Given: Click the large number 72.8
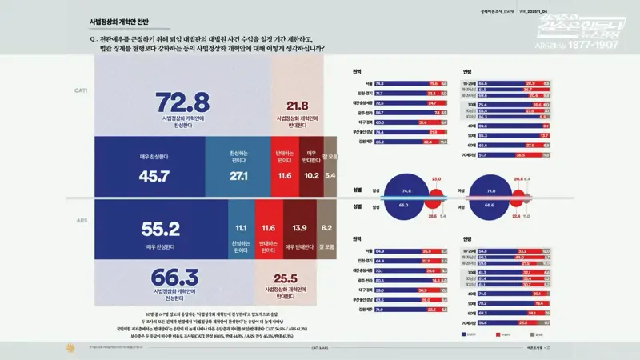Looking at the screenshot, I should click(x=182, y=102).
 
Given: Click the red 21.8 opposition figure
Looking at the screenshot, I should click(x=298, y=106).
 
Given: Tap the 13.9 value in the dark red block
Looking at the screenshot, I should click(x=300, y=229).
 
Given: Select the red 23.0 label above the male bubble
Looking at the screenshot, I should click(x=436, y=178).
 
